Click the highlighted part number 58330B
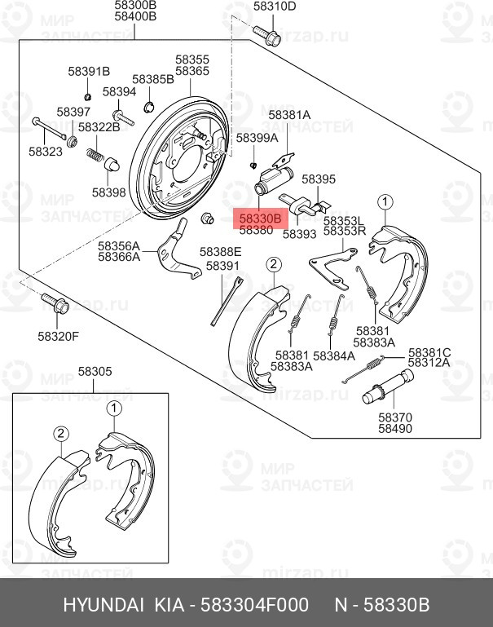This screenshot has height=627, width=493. (x=261, y=219)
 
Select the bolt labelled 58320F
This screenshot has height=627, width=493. (x=55, y=303)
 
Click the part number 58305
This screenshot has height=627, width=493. (x=95, y=372)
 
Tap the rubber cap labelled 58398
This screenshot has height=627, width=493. (x=112, y=165)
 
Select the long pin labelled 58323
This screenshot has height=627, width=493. (x=49, y=128)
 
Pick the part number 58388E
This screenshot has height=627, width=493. (x=221, y=251)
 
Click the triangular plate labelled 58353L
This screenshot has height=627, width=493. (x=332, y=267)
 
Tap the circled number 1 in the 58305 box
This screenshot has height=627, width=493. (x=114, y=408)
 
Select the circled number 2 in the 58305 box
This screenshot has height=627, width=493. (x=61, y=434)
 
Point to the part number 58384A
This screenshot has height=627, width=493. (x=334, y=355)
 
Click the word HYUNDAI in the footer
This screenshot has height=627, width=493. (x=103, y=604)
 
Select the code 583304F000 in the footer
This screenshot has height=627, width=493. (x=254, y=604)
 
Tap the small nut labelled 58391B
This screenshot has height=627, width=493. (x=89, y=96)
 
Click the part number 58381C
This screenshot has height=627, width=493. (x=429, y=353)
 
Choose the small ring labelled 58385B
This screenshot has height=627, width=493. (x=149, y=107)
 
